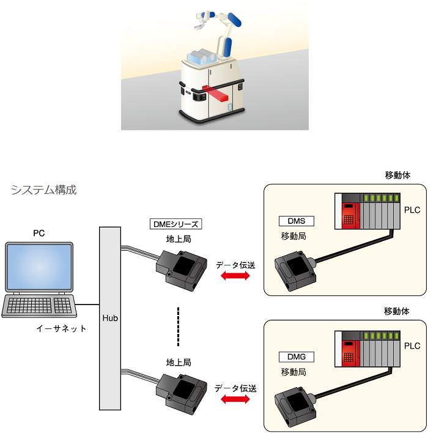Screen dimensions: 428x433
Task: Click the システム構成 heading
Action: click(43, 190)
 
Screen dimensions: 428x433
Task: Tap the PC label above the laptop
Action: click(39, 234)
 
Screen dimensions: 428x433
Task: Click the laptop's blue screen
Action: click(39, 267)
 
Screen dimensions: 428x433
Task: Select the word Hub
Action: click(110, 318)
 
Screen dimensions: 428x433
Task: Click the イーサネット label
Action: click(61, 328)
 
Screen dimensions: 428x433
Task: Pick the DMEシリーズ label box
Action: click(176, 224)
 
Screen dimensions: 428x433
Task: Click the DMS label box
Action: click(297, 221)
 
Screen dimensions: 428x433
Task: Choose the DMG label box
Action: click(297, 357)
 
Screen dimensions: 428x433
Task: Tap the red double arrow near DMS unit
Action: click(235, 276)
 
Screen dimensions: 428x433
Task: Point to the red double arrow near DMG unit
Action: click(235, 399)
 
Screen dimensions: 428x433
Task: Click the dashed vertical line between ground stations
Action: click(178, 327)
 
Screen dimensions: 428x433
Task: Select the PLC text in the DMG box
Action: click(412, 346)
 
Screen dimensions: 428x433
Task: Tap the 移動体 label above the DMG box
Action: click(397, 311)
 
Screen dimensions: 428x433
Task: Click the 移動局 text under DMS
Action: click(293, 237)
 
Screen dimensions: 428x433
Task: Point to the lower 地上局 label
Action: click(179, 363)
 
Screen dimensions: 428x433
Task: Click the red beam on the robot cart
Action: click(215, 94)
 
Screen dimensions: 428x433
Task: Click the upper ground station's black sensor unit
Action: click(182, 270)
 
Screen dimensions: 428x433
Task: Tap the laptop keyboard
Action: click(39, 305)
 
